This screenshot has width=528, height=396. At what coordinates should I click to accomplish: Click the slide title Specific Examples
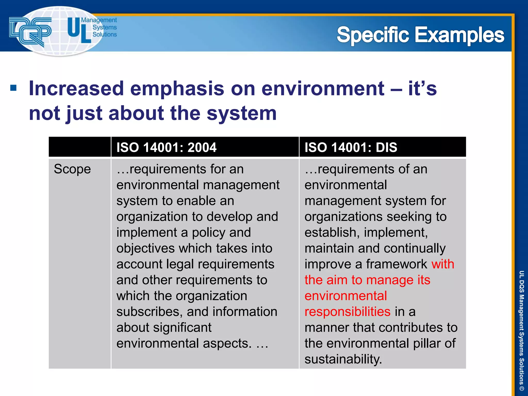420,35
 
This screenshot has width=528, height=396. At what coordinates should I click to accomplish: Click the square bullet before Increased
13,88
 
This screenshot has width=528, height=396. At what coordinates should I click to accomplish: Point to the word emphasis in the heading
177,88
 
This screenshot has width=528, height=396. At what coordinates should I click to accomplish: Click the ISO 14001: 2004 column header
166,147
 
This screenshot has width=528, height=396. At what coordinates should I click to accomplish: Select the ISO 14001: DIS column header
351,147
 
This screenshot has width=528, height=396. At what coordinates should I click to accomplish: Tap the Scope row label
72,169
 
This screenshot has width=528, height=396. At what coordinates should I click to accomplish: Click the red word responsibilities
347,312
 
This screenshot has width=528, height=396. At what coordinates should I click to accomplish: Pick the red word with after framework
443,264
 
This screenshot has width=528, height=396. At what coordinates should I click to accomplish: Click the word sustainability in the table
343,359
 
